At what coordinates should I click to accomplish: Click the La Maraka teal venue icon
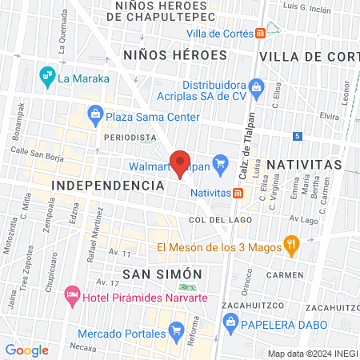click(47, 77)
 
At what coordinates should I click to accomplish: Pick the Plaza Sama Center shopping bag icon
click(97, 114)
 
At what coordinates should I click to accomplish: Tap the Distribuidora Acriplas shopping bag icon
click(257, 86)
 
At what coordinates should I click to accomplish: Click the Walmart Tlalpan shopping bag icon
click(221, 166)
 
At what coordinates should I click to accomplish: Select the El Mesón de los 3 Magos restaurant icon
click(292, 246)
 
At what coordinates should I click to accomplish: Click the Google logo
click(26, 350)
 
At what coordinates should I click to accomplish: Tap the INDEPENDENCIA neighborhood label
click(107, 185)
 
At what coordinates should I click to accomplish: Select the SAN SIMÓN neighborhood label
click(159, 274)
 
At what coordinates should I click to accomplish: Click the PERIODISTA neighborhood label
click(130, 138)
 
